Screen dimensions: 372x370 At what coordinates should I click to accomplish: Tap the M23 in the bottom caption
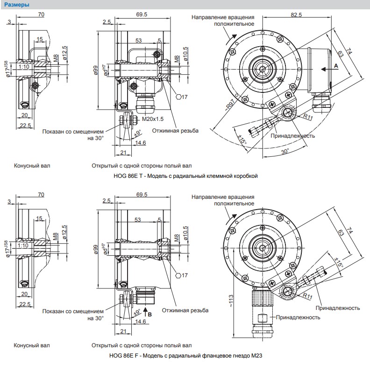click(x=256, y=356)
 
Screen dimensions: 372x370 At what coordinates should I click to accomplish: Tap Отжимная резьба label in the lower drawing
click(x=185, y=310)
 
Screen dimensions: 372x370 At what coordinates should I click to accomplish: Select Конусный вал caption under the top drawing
click(x=32, y=166)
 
